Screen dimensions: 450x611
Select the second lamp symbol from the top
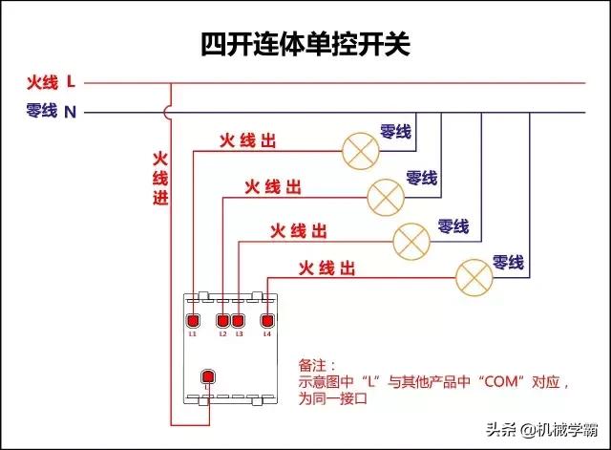385,195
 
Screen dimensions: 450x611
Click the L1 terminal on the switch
193,320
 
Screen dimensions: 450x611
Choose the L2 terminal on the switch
223,320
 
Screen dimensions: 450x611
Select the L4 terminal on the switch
267,320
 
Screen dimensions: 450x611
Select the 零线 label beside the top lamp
395,131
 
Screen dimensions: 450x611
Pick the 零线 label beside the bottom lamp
507,261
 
